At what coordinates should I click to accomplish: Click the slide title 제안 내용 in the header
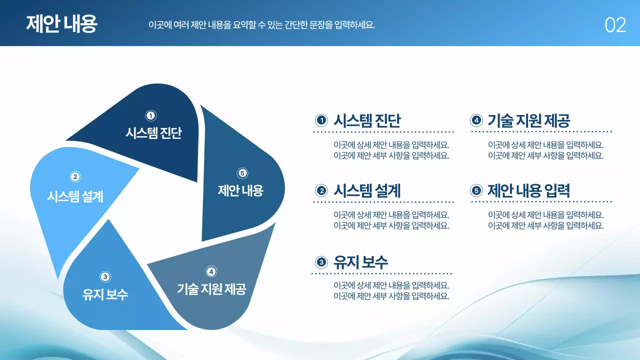tap(61, 23)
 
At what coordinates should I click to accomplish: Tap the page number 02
tap(615, 25)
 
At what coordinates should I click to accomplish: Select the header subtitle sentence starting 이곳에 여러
tap(261, 24)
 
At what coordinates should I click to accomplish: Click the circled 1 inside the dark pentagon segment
tap(150, 115)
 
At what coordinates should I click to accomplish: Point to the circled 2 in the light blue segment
tap(75, 176)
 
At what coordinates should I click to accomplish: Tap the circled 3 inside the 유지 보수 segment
tap(105, 276)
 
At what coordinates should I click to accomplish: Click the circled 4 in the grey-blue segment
tap(211, 271)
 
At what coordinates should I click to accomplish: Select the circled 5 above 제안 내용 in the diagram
tap(242, 173)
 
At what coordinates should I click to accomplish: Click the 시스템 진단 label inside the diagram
tap(153, 133)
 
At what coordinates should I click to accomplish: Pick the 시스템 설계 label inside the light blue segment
tap(75, 196)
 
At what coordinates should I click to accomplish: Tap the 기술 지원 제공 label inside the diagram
tap(211, 289)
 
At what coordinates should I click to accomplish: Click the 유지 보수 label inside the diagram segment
tap(105, 294)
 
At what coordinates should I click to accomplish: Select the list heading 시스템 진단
tap(367, 120)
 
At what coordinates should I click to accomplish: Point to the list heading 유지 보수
tap(360, 261)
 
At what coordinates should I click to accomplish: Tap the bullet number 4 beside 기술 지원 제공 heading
tap(476, 120)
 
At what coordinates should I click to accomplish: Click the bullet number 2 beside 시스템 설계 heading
tap(321, 190)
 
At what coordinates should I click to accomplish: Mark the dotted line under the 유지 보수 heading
tap(381, 273)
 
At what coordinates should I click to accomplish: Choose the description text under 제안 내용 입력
tap(545, 220)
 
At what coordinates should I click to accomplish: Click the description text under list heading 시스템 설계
tap(391, 220)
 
